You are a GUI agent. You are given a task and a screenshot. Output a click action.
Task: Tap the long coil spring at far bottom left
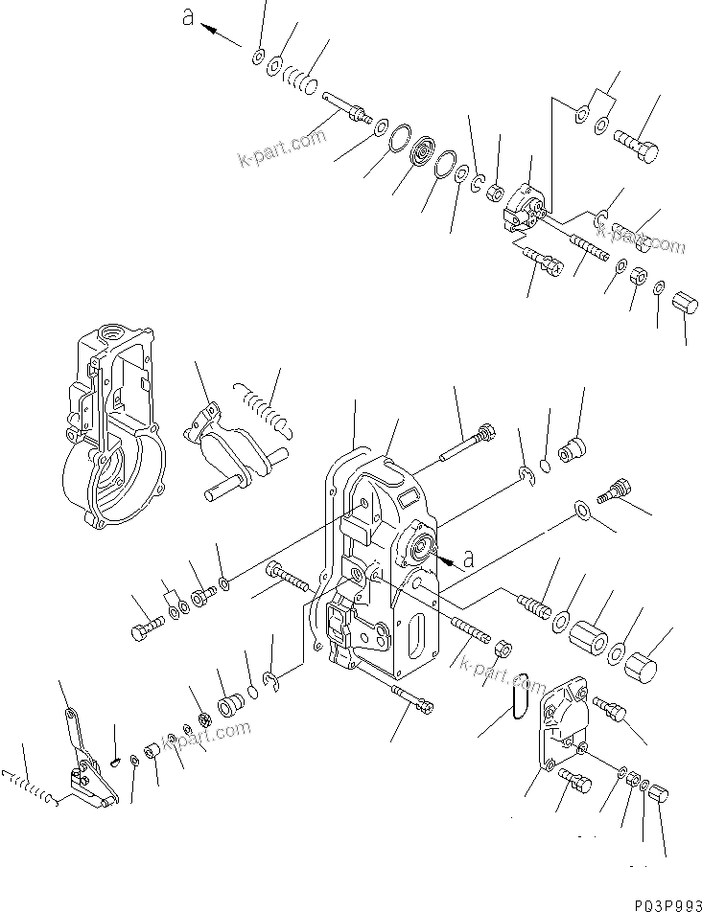click(30, 788)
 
